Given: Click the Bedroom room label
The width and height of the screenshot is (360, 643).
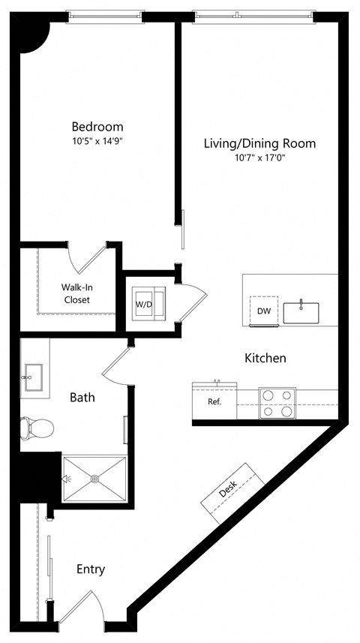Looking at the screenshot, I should pyautogui.click(x=97, y=126).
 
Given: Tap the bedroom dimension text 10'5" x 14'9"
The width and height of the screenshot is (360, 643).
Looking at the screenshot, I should pyautogui.click(x=97, y=140).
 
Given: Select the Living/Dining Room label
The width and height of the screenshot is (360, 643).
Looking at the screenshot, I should pyautogui.click(x=259, y=143).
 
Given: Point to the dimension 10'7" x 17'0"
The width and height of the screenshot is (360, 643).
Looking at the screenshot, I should pyautogui.click(x=259, y=158).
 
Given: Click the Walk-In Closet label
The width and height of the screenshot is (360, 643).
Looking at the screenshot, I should pyautogui.click(x=76, y=293).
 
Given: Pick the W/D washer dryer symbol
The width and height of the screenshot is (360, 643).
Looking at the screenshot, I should pyautogui.click(x=143, y=304).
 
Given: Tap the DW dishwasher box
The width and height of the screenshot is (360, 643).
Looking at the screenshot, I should pyautogui.click(x=264, y=311).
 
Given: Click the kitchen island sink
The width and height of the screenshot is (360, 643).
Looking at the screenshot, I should pyautogui.click(x=301, y=311).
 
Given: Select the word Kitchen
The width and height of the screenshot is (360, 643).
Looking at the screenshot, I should pyautogui.click(x=265, y=358).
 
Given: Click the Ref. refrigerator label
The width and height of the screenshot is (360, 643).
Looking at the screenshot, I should pyautogui.click(x=214, y=401).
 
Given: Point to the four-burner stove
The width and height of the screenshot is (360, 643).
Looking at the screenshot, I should pyautogui.click(x=277, y=404).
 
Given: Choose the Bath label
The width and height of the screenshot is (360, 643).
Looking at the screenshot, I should pyautogui.click(x=82, y=398).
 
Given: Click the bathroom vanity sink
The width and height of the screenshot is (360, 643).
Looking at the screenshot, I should pyautogui.click(x=32, y=377).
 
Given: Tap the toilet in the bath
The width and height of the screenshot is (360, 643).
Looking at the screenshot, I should pyautogui.click(x=37, y=428).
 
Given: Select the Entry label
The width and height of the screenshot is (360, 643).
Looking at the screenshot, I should pyautogui.click(x=91, y=569).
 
